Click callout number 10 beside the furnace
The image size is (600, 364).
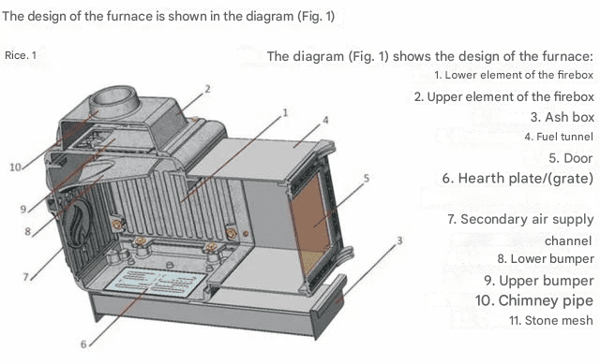point(15,167)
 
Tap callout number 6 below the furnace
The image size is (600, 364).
point(83,344)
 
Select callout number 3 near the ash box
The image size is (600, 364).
point(399,240)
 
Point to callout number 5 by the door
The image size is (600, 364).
point(367,178)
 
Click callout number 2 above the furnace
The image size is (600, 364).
point(207,89)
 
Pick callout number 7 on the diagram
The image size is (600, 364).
point(26,277)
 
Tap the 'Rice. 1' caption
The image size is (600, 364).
point(21,55)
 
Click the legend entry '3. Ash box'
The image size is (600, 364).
point(562,117)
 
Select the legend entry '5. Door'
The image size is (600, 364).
point(571,158)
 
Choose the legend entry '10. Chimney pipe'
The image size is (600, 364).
point(534,300)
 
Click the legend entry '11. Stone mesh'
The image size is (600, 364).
point(551,320)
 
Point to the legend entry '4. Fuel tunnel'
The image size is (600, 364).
point(559,137)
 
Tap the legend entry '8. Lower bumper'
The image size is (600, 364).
point(546,259)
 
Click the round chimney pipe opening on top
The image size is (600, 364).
point(112,96)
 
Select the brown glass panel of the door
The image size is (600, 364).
point(310,225)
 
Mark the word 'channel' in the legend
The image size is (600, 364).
point(568,240)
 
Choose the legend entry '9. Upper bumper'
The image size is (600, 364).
point(539,281)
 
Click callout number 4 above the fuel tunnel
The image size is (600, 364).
point(325,120)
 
